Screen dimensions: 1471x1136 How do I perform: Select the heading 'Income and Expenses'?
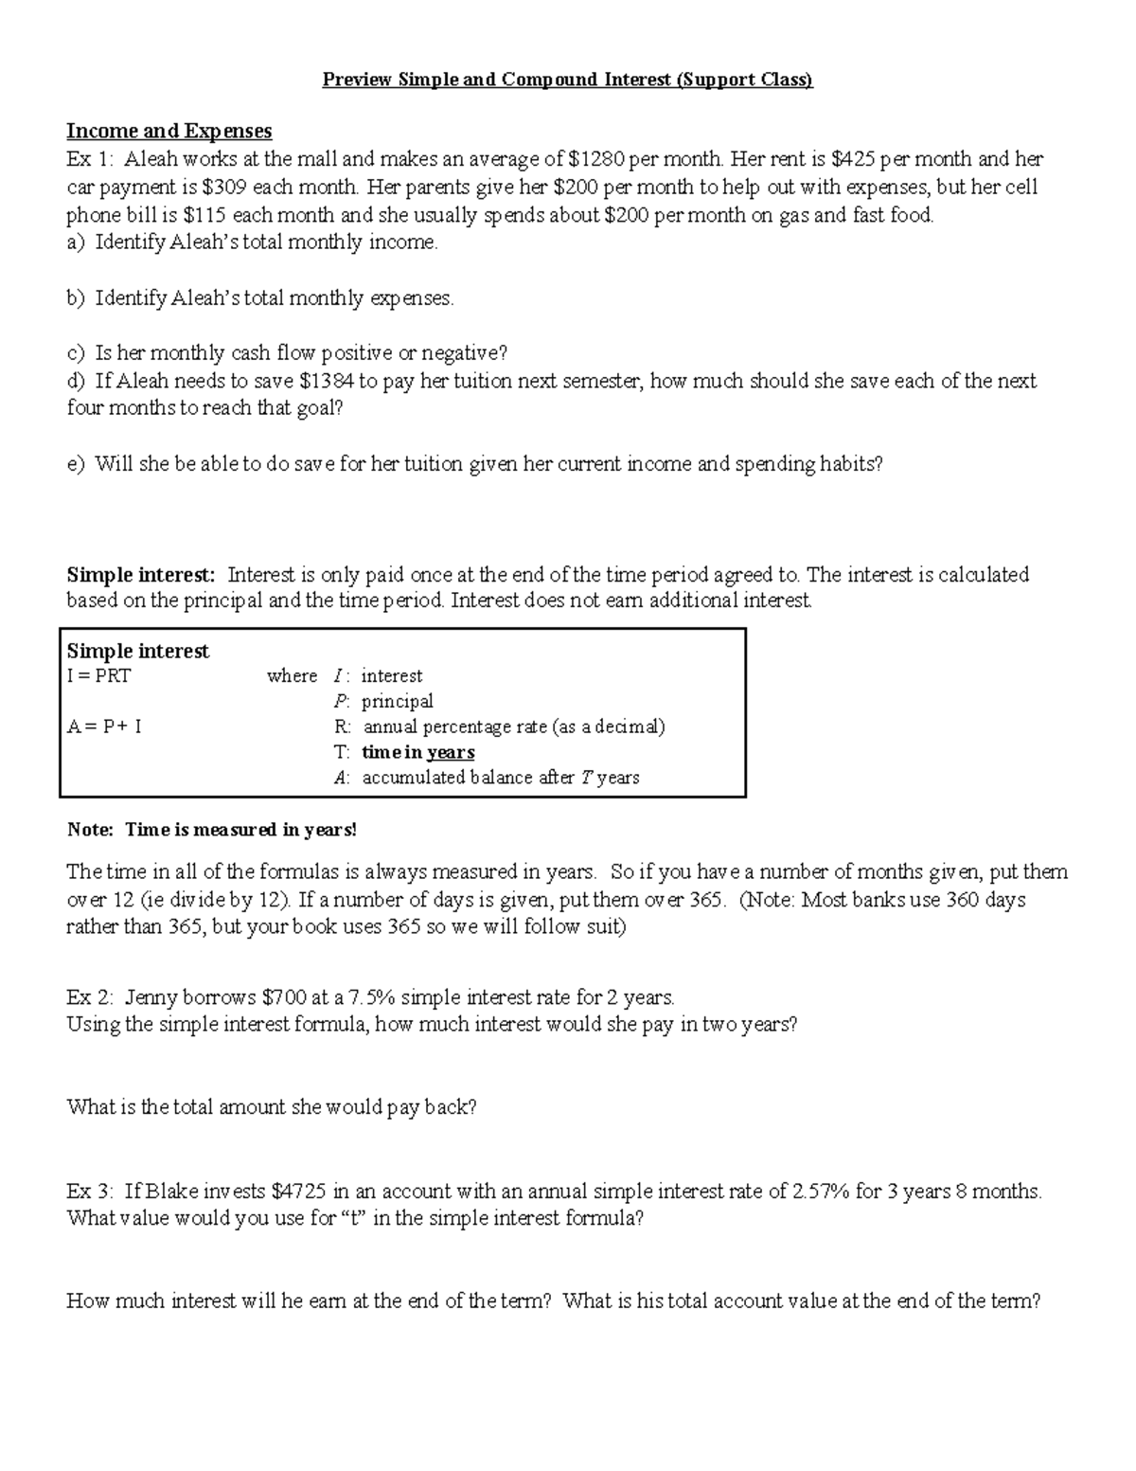[169, 131]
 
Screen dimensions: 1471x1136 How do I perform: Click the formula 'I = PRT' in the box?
[98, 676]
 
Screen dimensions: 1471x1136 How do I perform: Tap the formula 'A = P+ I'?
[104, 727]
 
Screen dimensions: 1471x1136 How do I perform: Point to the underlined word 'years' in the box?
[450, 752]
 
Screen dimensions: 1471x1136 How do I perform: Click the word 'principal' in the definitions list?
[398, 702]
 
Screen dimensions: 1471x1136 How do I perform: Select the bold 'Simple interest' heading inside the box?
[137, 652]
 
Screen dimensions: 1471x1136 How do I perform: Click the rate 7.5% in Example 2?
[372, 997]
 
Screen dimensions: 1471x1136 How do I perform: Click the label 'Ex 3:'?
[90, 1192]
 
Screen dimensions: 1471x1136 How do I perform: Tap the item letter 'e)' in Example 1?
[76, 464]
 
